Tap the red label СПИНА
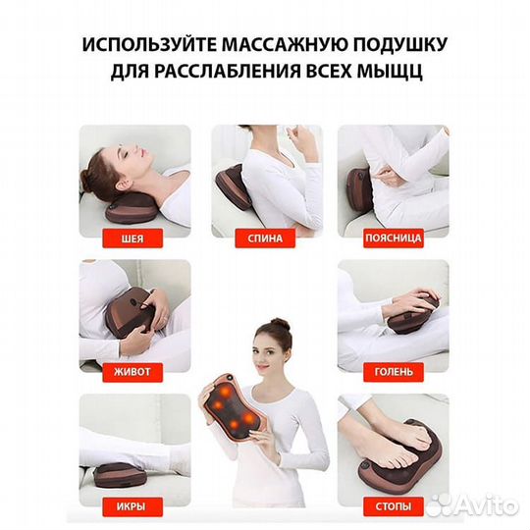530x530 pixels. [265, 238]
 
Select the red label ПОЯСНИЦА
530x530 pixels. [393, 238]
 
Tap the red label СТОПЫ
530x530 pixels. [393, 506]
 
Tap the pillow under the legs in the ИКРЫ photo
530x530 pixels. [118, 472]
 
